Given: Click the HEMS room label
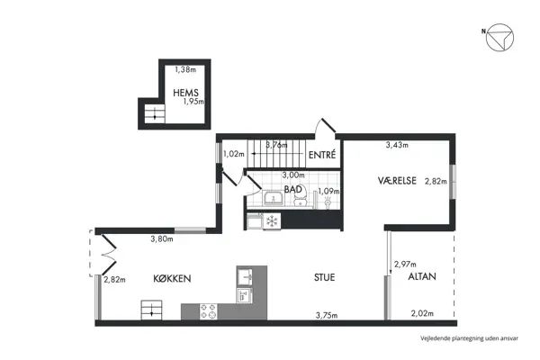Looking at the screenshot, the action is point(185,93).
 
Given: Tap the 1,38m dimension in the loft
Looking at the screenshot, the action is point(185,69).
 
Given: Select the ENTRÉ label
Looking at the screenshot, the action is point(322,155).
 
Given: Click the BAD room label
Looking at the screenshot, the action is point(293,189).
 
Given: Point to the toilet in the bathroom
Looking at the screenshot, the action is point(301,198).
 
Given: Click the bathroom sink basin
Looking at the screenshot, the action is point(273,199).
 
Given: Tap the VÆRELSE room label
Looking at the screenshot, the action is point(397,181).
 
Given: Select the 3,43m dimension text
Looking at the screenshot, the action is point(397,145).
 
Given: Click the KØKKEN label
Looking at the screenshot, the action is point(172,278).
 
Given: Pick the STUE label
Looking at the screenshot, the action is point(324,277).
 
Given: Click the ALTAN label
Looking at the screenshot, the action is point(422,276).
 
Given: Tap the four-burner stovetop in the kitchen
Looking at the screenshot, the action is point(209,311).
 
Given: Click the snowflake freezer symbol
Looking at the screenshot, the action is point(272,220).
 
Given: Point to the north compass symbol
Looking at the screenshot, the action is point(499,38).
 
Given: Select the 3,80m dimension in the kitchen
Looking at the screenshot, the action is point(162,238).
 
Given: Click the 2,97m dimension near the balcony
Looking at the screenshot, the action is point(405,265).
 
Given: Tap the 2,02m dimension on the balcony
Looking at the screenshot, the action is point(422,313).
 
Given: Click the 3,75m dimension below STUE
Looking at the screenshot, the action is point(327,315).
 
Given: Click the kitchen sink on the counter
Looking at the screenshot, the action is point(245,275).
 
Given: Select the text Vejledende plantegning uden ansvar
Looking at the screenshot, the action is point(469,338).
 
